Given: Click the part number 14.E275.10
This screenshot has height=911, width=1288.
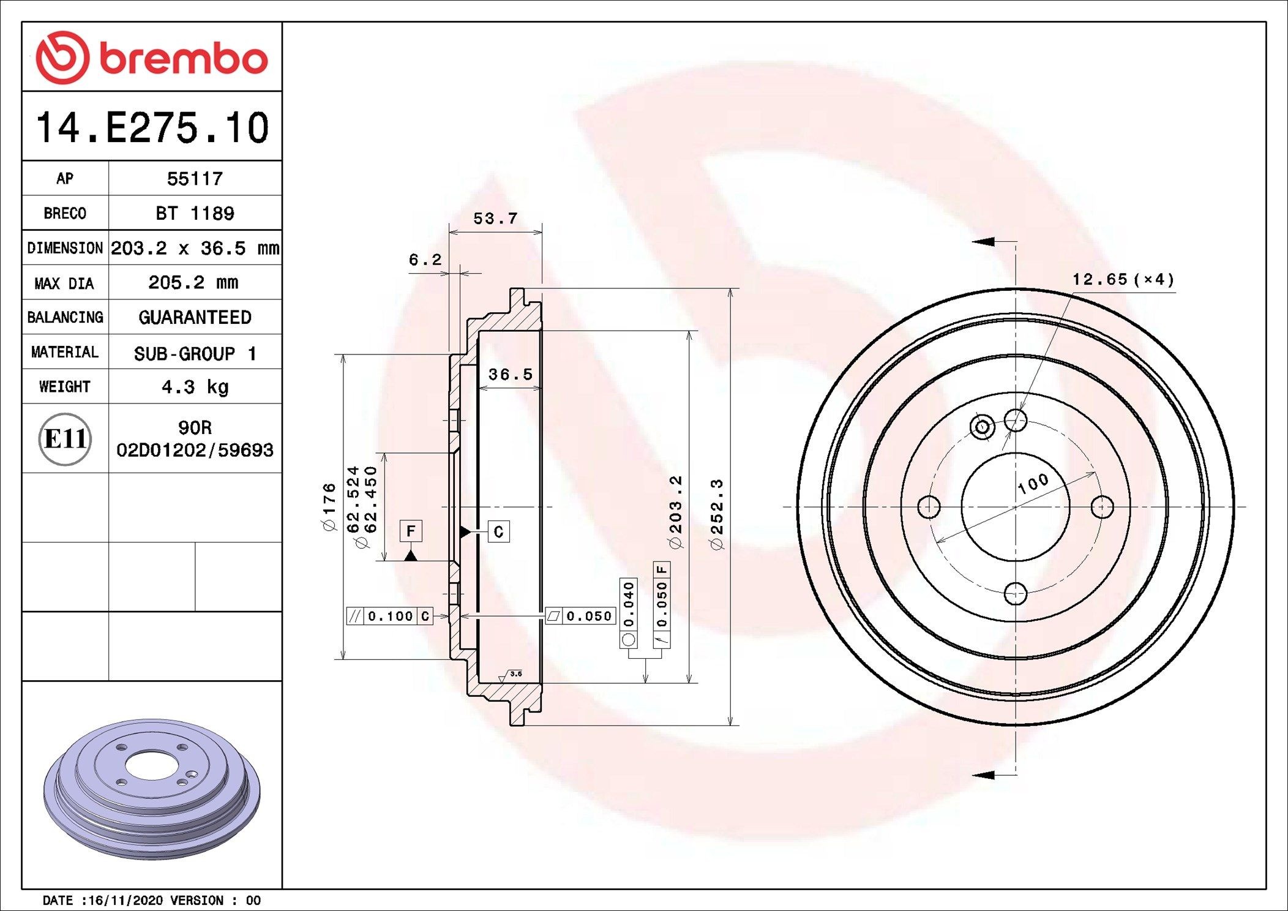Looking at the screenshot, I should (x=152, y=128).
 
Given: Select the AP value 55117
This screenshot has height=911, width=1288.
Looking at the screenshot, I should (x=195, y=179).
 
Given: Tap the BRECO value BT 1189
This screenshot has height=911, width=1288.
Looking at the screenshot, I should (x=195, y=214).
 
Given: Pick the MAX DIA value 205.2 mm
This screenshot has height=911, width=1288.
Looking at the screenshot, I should (x=193, y=283).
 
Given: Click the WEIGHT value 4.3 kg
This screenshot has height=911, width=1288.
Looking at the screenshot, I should (x=195, y=387).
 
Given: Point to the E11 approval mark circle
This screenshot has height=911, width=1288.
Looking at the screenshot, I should (x=65, y=439).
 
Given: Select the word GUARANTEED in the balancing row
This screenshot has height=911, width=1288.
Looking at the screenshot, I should (x=195, y=318).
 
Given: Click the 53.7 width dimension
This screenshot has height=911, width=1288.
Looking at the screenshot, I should (x=495, y=219).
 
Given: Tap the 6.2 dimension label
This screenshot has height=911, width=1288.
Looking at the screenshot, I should (x=425, y=260).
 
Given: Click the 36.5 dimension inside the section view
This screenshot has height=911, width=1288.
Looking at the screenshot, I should (x=510, y=374).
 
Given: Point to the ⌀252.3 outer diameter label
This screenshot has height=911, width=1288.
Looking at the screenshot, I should (x=716, y=514).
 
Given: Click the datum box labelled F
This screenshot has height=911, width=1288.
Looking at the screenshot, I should (x=411, y=531).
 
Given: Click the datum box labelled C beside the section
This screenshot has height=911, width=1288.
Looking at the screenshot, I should (x=498, y=531).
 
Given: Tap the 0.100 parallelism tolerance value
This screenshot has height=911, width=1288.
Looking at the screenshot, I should (x=391, y=616).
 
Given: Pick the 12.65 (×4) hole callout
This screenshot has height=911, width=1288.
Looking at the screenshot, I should (x=1123, y=280).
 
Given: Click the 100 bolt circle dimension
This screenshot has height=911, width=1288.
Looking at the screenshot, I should (x=1033, y=484).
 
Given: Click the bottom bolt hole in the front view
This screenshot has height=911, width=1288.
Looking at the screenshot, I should (x=1015, y=593).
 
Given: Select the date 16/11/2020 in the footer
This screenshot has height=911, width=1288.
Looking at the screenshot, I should (x=125, y=901).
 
